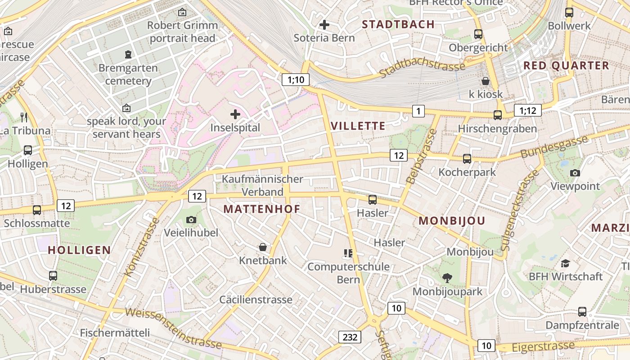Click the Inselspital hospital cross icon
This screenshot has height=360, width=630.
[x=235, y=114]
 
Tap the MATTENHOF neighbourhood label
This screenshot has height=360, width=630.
[x=261, y=209]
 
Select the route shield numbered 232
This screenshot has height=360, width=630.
[x=350, y=337]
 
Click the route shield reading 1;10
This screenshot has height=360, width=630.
[x=296, y=80]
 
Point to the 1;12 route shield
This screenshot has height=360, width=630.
[x=527, y=110]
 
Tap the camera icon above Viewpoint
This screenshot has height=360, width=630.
[x=575, y=173]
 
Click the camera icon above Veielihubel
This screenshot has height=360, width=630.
[x=191, y=220]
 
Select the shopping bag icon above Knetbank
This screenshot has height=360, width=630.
[x=263, y=247]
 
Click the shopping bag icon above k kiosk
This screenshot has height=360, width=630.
[x=486, y=81]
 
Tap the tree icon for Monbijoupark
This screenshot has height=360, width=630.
[x=447, y=278]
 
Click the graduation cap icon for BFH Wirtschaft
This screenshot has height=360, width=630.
[x=566, y=263]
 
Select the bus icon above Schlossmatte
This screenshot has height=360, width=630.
[x=37, y=210]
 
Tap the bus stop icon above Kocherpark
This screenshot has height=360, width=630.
[x=467, y=159]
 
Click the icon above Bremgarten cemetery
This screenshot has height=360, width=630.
[x=129, y=55]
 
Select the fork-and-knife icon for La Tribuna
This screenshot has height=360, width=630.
[x=24, y=117]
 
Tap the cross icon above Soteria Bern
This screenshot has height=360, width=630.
[x=324, y=25]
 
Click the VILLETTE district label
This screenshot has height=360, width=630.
[x=358, y=126]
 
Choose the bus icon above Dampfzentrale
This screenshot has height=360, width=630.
[x=582, y=311]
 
